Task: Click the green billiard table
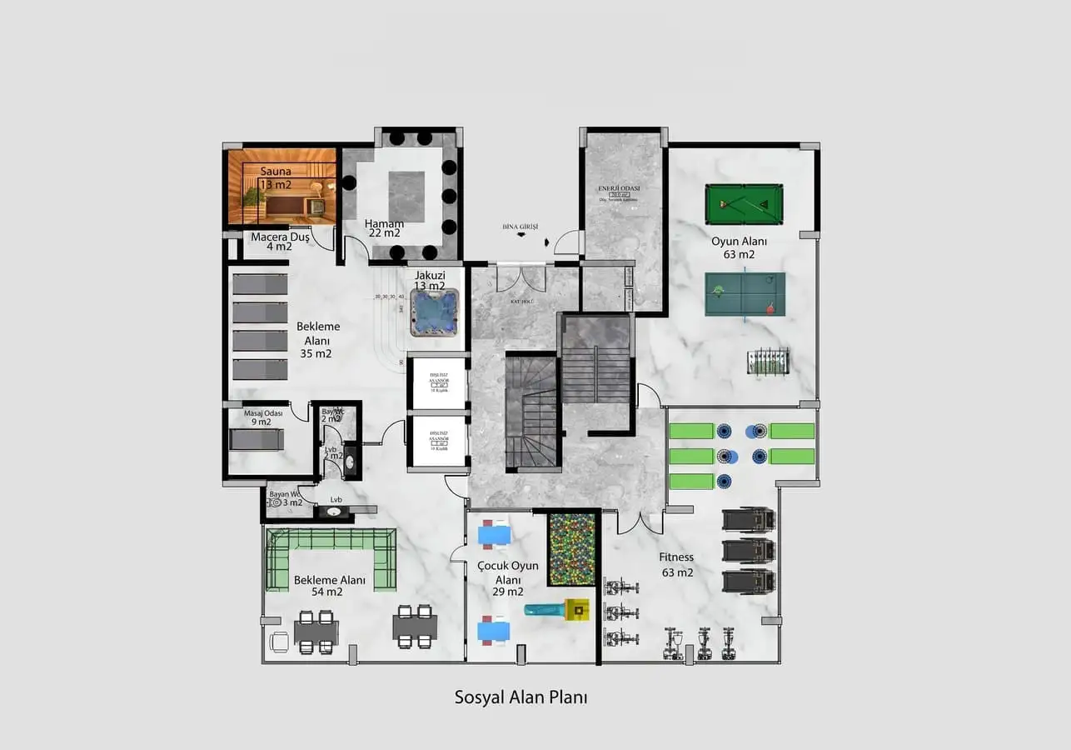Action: [x=744, y=205]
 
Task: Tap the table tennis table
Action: [x=744, y=294]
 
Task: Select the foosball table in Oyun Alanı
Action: [x=767, y=362]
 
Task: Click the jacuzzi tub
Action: [x=435, y=312]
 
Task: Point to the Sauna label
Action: [x=276, y=172]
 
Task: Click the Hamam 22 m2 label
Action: [x=384, y=228]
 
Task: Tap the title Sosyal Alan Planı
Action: [x=521, y=697]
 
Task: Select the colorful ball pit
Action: [x=571, y=552]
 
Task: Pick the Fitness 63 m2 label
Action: [x=676, y=565]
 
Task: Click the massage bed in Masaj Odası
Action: [x=257, y=439]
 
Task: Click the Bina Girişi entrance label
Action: [x=521, y=227]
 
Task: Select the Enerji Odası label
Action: [x=619, y=189]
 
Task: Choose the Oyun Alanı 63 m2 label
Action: [x=739, y=247]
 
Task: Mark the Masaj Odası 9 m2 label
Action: [x=263, y=417]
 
